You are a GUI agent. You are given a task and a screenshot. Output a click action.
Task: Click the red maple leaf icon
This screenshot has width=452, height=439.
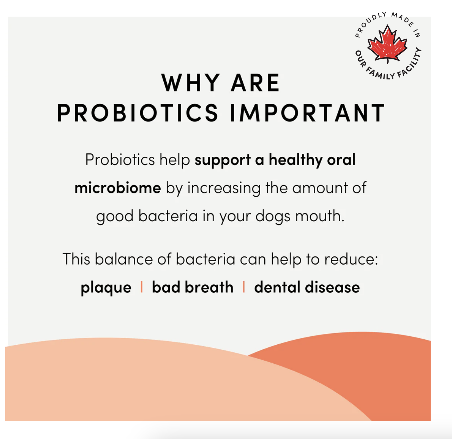(x=387, y=44)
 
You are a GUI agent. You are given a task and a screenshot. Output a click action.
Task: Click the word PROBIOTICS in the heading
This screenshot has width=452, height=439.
(x=138, y=113)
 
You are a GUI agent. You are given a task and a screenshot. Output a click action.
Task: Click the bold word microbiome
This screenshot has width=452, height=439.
(x=118, y=188)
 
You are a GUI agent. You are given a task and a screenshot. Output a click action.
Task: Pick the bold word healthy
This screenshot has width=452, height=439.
(x=295, y=160)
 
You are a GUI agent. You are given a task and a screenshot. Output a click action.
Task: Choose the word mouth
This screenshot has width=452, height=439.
(x=320, y=216)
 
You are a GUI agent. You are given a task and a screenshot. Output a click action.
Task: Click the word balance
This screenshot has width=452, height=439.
(x=124, y=259)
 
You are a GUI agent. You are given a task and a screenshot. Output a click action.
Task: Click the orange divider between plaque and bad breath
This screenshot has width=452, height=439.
(x=141, y=287)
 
